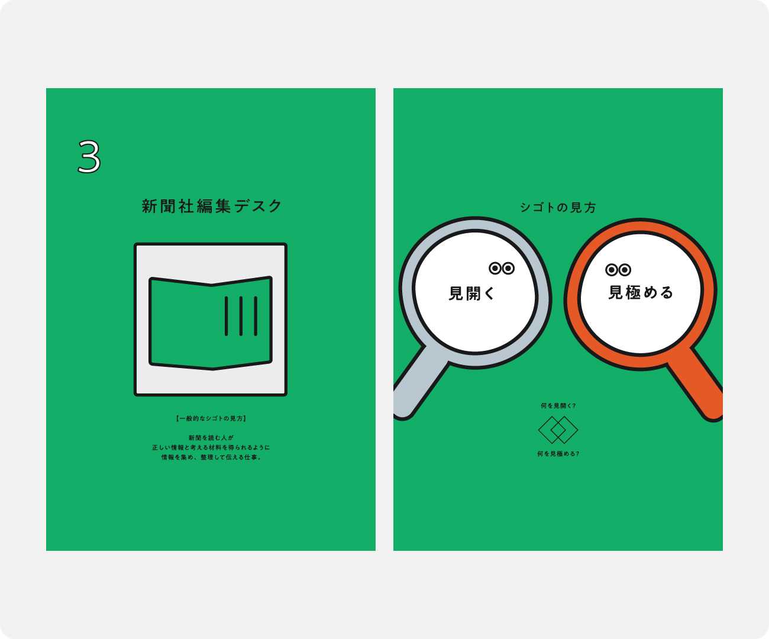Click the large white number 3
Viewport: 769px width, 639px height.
pos(89,156)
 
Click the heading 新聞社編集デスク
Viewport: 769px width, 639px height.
pos(212,206)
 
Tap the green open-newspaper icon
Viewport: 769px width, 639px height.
pos(211,322)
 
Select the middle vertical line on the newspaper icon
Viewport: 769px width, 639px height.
pos(241,316)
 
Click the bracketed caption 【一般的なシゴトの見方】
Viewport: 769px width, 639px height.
pos(211,418)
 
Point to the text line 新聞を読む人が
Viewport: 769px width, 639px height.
pos(211,438)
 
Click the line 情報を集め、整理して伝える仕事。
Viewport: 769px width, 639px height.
pos(211,457)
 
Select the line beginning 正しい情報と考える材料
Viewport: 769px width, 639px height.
pos(211,447)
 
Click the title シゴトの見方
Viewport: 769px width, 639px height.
pos(558,207)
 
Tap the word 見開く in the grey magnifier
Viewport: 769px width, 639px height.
pos(471,293)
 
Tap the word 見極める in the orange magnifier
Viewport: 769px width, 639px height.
pos(641,292)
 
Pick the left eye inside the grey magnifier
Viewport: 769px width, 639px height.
pos(495,268)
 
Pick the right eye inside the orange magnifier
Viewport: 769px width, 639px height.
pos(625,270)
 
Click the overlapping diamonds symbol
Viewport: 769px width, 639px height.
pos(558,430)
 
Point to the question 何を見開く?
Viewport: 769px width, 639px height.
pos(558,405)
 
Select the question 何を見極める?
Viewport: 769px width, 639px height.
pos(558,454)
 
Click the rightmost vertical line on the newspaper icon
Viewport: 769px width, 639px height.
pos(256,316)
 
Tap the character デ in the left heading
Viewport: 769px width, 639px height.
pos(241,206)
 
